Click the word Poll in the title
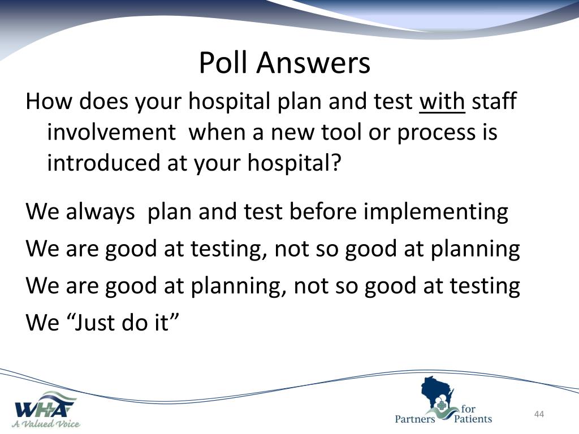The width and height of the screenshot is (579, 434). (x=223, y=62)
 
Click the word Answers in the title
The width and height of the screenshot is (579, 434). (x=313, y=62)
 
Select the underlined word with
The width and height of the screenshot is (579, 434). (x=442, y=101)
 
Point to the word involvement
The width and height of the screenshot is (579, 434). (x=111, y=132)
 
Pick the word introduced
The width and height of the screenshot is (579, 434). (x=103, y=162)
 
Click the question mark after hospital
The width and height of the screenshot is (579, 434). (x=335, y=162)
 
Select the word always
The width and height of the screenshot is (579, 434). (x=100, y=212)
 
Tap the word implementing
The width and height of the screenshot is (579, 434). (x=436, y=212)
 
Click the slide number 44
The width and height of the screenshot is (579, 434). (x=539, y=414)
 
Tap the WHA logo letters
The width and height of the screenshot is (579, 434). (x=44, y=409)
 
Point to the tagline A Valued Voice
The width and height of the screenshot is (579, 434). (x=46, y=424)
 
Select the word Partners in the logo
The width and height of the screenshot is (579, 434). (x=415, y=419)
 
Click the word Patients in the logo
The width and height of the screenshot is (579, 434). (x=473, y=419)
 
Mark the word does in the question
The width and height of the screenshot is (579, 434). (x=104, y=101)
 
